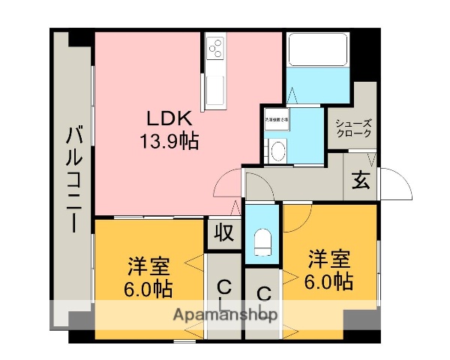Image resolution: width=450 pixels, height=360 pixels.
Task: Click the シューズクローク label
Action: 352,128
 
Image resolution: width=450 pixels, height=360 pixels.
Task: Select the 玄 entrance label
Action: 361,180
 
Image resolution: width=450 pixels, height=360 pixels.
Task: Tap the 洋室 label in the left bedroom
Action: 148,266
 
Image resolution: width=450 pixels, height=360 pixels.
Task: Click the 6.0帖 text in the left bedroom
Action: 148,288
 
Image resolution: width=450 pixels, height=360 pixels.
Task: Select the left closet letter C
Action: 223,286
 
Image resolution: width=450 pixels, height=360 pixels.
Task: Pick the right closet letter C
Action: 263,293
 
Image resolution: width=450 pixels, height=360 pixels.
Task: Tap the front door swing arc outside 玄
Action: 397,183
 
